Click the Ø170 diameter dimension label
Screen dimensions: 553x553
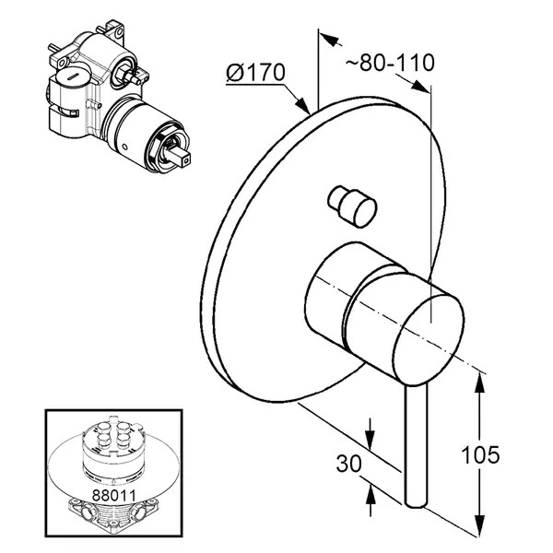pyautogui.click(x=255, y=74)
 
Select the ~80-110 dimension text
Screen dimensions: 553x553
pyautogui.click(x=390, y=63)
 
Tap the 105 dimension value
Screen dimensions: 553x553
pyautogui.click(x=480, y=454)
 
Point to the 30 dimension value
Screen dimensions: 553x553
pyautogui.click(x=348, y=463)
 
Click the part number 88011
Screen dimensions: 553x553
pyautogui.click(x=113, y=495)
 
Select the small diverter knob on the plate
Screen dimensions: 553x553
pyautogui.click(x=352, y=206)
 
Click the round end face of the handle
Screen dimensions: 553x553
pyautogui.click(x=429, y=339)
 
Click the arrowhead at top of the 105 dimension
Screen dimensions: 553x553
pyautogui.click(x=479, y=383)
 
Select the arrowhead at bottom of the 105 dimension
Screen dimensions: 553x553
pyautogui.click(x=479, y=525)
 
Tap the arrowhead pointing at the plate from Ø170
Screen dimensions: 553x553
pyautogui.click(x=301, y=103)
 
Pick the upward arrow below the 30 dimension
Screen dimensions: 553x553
pyautogui.click(x=370, y=495)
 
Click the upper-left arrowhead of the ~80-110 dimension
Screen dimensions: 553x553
pyautogui.click(x=330, y=39)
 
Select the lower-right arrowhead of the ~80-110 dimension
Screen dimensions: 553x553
pyautogui.click(x=419, y=87)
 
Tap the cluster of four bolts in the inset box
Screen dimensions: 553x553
pyautogui.click(x=112, y=433)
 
